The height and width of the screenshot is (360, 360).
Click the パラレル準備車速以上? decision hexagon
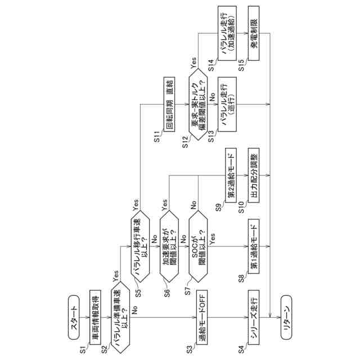121,318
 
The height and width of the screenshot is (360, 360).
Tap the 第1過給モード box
255,246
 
